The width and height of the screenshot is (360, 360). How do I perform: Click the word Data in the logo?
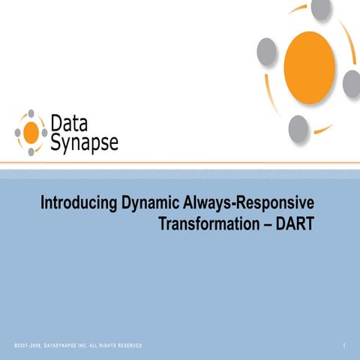point(68,123)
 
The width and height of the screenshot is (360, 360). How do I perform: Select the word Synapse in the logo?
point(84,142)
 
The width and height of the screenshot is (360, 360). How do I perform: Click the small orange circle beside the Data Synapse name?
point(31,133)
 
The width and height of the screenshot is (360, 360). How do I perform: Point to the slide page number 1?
point(342,345)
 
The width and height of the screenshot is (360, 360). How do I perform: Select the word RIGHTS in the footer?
point(109,345)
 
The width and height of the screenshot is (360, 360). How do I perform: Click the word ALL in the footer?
point(95,345)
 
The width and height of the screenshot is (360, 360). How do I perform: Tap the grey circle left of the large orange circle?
point(267,50)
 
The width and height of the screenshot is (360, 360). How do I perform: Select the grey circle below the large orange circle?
point(298,127)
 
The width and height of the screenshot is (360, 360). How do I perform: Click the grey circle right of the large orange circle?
point(352,82)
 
